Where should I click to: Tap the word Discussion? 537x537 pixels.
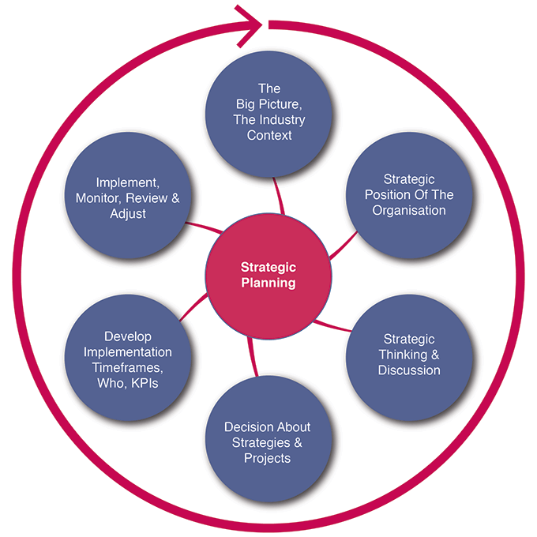409,370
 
